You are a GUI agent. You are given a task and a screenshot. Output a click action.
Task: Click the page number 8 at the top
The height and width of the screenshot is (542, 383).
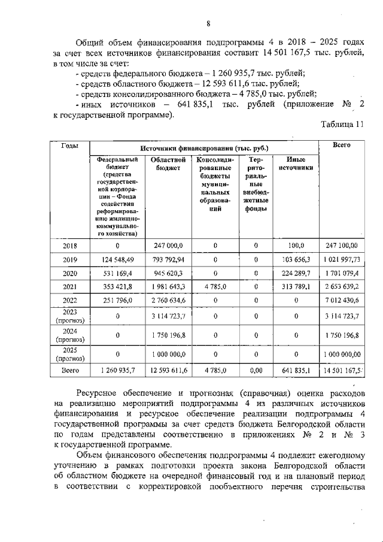click(208, 23)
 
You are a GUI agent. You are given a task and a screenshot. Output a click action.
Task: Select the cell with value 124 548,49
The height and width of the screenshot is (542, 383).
click(117, 259)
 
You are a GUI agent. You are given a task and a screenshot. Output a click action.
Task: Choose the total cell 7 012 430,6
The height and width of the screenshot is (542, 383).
click(342, 300)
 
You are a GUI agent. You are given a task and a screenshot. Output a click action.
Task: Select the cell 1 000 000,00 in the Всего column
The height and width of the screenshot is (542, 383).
click(342, 354)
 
